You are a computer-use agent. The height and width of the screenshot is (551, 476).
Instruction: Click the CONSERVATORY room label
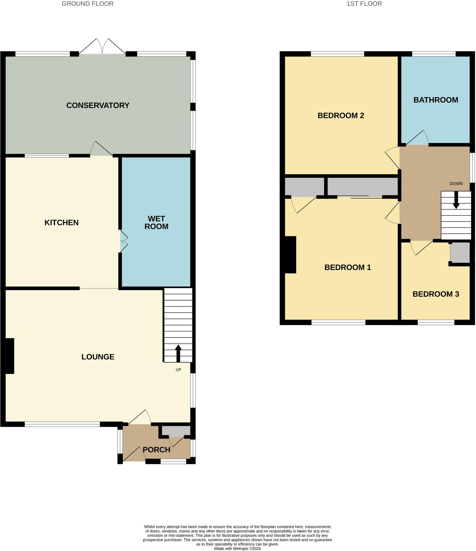click(x=98, y=105)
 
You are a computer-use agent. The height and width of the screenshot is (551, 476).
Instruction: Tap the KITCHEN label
click(x=61, y=222)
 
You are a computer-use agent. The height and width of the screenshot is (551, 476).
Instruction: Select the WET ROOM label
click(x=156, y=222)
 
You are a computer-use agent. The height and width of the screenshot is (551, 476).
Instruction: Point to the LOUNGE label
click(x=98, y=357)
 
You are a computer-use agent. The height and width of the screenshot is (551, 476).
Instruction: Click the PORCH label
click(x=156, y=450)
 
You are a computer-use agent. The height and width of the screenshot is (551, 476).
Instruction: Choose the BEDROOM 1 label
click(x=348, y=267)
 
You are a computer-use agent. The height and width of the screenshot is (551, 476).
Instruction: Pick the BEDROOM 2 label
click(x=341, y=115)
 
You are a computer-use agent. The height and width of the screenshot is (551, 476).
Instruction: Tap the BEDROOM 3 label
click(x=436, y=294)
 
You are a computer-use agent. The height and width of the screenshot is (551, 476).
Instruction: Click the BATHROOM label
click(x=436, y=100)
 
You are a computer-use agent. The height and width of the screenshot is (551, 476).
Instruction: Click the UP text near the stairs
click(x=178, y=369)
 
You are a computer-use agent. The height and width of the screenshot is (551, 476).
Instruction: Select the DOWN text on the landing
click(x=456, y=183)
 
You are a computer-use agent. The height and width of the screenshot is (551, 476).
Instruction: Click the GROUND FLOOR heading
click(x=87, y=4)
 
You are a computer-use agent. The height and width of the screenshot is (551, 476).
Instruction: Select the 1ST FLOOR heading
click(x=364, y=4)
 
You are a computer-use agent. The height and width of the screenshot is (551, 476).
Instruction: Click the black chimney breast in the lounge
click(x=9, y=356)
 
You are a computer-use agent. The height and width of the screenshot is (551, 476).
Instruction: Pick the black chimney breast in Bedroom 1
click(x=290, y=255)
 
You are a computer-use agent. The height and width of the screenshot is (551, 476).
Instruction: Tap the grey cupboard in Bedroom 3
click(x=459, y=252)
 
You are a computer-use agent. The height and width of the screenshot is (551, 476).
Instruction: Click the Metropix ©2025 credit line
click(x=237, y=549)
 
